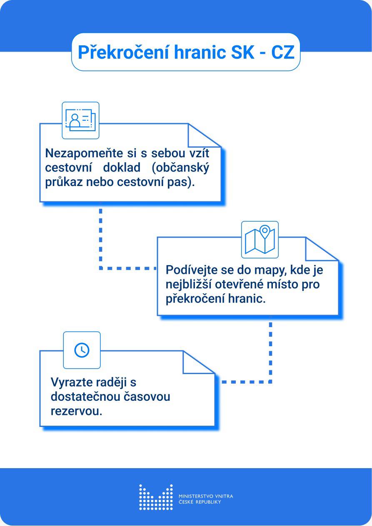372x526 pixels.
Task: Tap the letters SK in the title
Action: click(x=242, y=52)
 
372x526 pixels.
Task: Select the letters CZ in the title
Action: click(x=283, y=52)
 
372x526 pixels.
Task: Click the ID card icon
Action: click(x=80, y=120)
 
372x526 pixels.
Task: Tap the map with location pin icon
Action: click(x=260, y=240)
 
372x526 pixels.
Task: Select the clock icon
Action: click(x=82, y=350)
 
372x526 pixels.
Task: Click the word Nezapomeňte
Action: click(x=84, y=153)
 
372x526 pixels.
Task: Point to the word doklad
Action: click(x=122, y=167)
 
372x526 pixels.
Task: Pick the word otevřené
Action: click(x=237, y=284)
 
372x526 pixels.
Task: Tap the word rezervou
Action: click(x=77, y=412)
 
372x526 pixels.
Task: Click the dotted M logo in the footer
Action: click(x=156, y=497)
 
